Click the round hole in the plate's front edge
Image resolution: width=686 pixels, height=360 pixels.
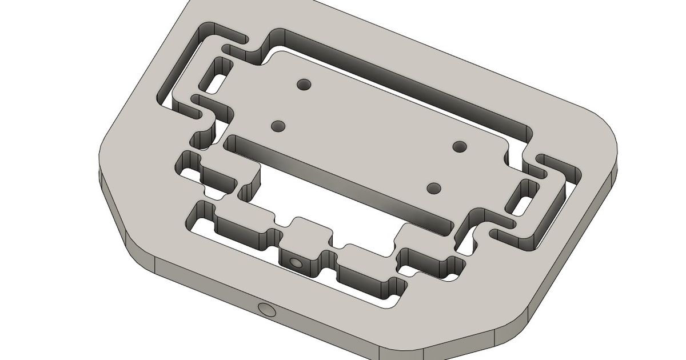[x=266, y=310]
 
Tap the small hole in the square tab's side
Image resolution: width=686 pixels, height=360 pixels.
[x=296, y=263]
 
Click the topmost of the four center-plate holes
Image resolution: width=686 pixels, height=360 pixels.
[x=304, y=85]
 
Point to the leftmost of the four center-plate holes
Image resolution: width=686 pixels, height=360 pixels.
[x=278, y=126]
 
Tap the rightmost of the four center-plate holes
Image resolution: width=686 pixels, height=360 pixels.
[x=460, y=146]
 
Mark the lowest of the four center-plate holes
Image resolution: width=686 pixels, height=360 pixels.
[x=434, y=187]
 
